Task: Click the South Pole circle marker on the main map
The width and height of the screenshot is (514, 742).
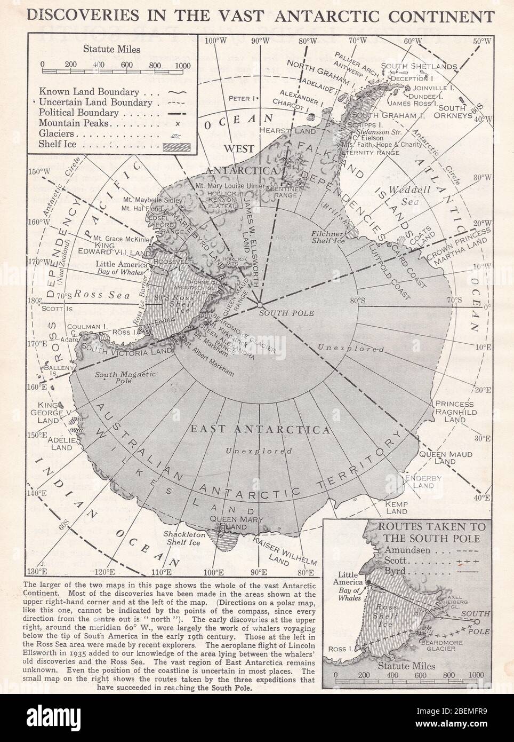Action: [x=260, y=305]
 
